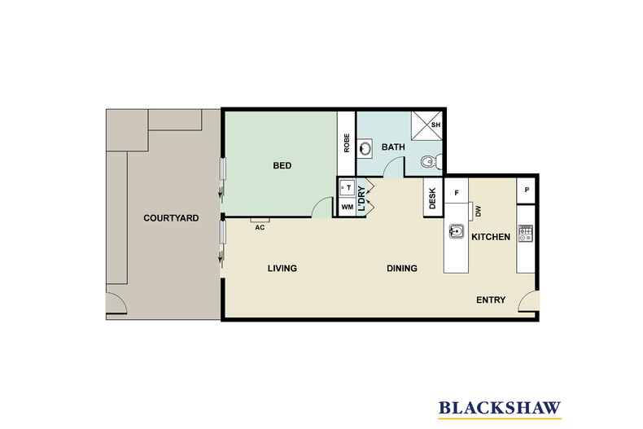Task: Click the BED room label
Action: click(282, 166)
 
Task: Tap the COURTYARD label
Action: click(171, 218)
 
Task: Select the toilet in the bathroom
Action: click(431, 162)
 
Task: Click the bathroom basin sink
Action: click(364, 148)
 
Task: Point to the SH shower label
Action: click(436, 125)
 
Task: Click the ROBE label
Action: click(347, 143)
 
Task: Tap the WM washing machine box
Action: click(348, 207)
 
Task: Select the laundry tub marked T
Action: click(348, 188)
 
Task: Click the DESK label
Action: click(432, 199)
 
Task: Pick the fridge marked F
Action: click(457, 191)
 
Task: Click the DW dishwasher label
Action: click(478, 212)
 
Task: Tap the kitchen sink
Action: click(456, 231)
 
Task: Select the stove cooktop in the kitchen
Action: click(525, 233)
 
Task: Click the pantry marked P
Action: click(526, 190)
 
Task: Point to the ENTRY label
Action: click(491, 300)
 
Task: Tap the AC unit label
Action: click(260, 228)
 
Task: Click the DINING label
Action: click(402, 269)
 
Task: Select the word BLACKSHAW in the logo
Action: click(500, 408)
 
